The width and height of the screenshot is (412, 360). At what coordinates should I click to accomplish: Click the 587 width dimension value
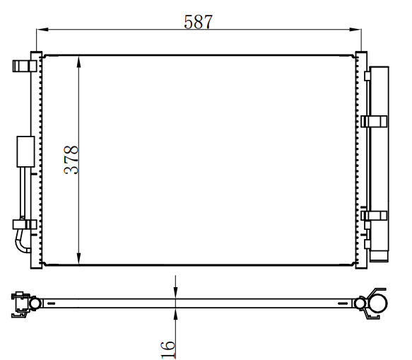(x=198, y=22)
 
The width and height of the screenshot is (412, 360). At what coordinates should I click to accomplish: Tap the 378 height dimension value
(x=71, y=160)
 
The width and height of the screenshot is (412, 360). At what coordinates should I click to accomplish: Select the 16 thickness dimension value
(x=168, y=349)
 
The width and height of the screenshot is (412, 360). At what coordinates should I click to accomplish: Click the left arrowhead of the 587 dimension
(x=42, y=29)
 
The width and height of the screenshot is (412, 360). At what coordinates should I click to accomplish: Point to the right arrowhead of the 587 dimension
(x=355, y=29)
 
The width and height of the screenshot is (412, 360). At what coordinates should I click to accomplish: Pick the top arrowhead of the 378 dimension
(x=78, y=62)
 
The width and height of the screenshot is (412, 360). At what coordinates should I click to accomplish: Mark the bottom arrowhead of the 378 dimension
(x=78, y=259)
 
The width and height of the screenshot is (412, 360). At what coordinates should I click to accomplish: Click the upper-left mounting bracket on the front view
(x=25, y=66)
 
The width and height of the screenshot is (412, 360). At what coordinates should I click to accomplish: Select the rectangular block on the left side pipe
(x=25, y=151)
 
